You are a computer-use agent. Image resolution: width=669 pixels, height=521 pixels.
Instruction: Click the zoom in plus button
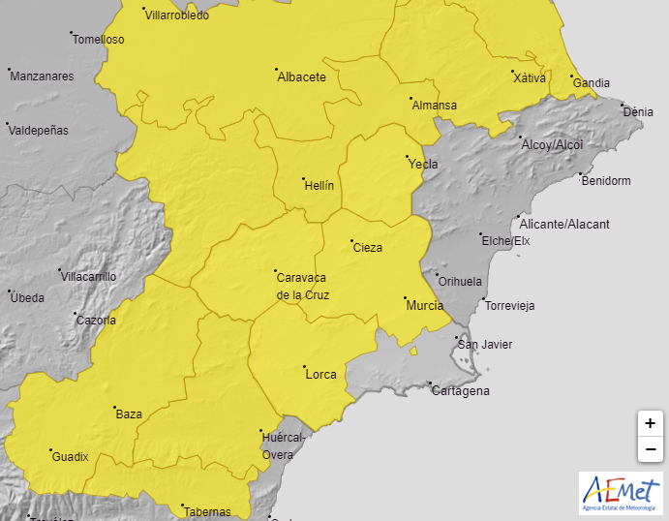[x=650, y=423]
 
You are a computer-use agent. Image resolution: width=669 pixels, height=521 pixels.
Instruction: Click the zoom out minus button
[x=650, y=449]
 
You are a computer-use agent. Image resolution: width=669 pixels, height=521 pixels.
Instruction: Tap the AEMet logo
[x=621, y=493]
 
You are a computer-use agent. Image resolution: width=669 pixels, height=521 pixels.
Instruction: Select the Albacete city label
[x=301, y=77]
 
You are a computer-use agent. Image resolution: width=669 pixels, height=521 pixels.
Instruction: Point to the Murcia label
[x=424, y=305]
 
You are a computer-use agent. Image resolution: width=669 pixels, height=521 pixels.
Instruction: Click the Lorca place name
[x=319, y=374]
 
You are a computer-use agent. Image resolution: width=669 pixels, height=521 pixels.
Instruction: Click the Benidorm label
[x=605, y=181]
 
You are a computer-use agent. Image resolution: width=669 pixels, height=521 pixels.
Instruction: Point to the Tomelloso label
[x=99, y=40]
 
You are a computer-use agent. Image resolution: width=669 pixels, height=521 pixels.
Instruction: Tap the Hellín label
[x=319, y=184]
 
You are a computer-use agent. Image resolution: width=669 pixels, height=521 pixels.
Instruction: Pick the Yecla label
[x=423, y=164]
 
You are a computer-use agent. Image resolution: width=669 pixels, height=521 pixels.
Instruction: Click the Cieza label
[x=367, y=248]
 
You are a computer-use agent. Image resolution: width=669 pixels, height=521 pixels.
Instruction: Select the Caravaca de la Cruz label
[x=303, y=286]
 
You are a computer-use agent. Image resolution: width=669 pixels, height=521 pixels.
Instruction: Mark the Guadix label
[x=70, y=456]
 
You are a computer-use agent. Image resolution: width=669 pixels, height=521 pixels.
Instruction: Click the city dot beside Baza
[x=115, y=408]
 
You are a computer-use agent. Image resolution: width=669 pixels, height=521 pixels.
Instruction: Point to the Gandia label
[x=591, y=83]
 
